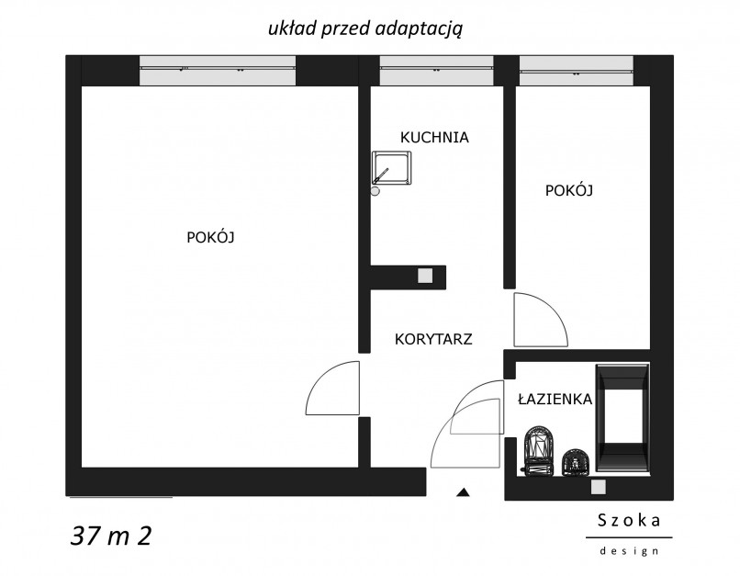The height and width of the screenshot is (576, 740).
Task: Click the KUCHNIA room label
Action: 434,138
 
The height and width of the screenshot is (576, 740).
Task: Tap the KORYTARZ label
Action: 433,339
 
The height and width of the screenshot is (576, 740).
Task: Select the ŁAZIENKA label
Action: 555,399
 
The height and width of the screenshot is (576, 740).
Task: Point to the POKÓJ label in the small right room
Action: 568,190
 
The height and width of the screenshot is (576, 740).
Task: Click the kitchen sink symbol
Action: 391,168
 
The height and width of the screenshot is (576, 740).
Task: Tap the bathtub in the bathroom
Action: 622,417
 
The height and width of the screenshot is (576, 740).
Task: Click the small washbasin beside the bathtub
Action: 576,462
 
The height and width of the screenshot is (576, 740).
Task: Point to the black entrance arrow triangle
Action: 463,492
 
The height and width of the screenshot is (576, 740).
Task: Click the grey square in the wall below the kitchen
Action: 425,276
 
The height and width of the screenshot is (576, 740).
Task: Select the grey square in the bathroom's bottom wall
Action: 599,487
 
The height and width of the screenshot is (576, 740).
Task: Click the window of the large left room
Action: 218,71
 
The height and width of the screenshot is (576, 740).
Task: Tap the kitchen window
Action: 436,71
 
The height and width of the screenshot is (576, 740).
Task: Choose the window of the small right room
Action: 577,71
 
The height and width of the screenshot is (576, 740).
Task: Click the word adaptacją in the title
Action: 419,29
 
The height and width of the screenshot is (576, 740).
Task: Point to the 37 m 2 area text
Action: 111,536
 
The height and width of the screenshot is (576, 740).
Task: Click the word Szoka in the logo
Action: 629,520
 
